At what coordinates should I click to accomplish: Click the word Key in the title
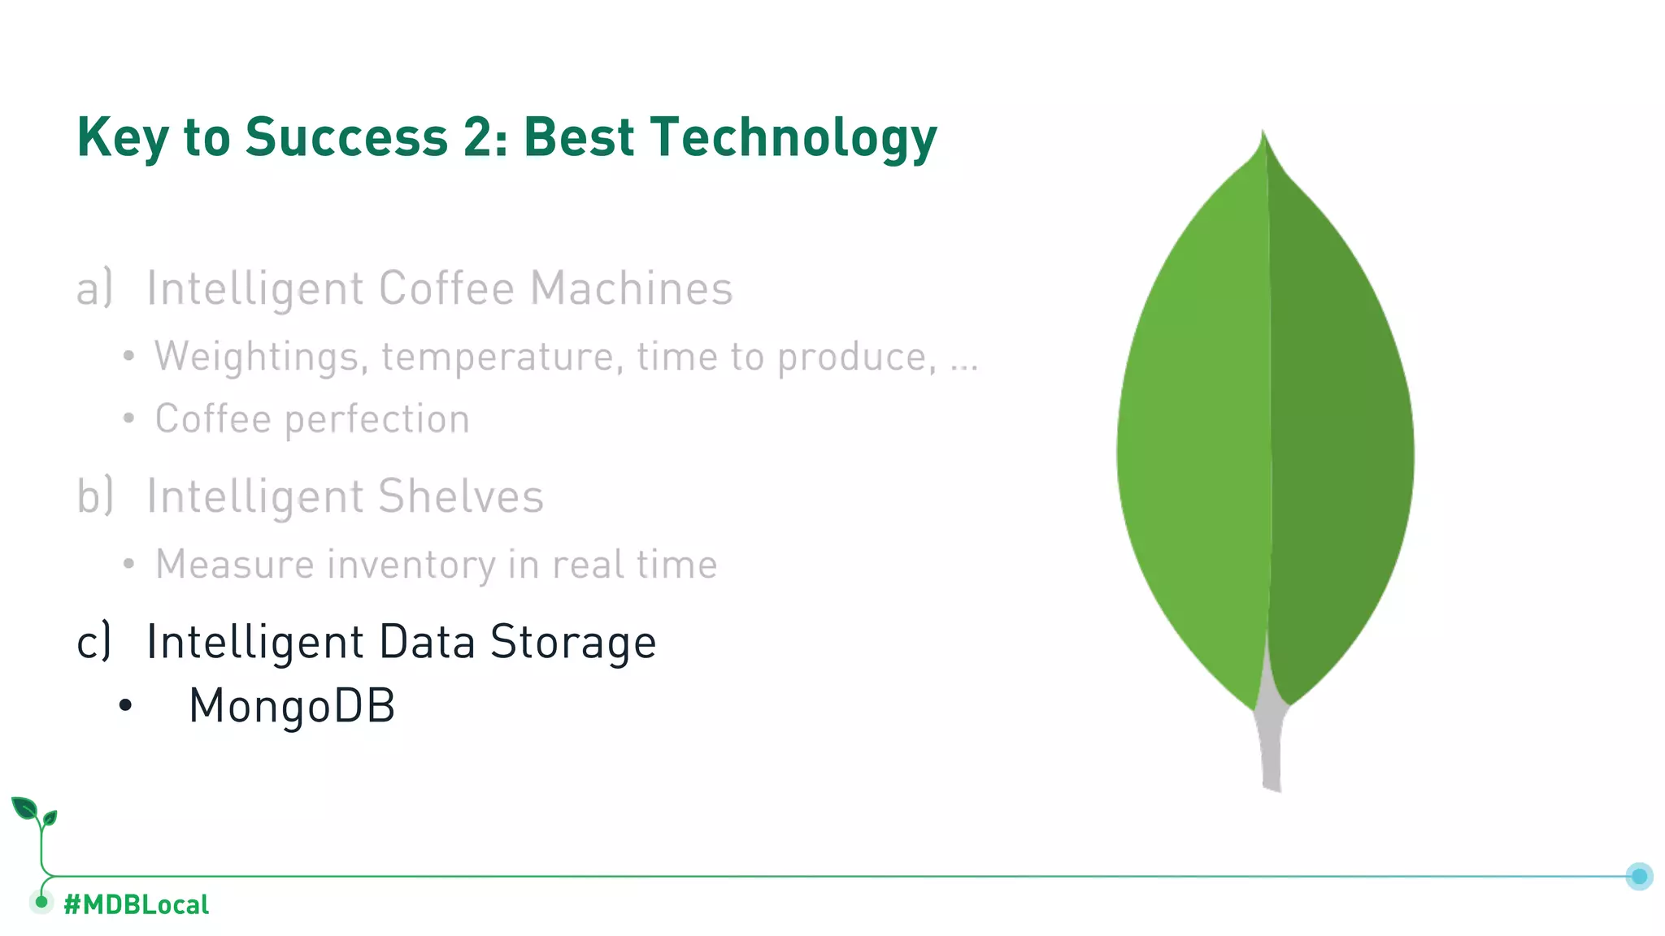(123, 138)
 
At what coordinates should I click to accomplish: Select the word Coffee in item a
(446, 288)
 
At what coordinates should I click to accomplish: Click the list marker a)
(94, 288)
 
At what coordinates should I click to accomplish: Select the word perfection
(376, 420)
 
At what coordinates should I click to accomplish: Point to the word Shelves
(460, 496)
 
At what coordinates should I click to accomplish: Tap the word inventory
(411, 565)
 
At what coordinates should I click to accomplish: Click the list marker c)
(93, 642)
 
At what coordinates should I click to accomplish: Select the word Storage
(573, 643)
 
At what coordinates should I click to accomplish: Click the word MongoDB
(292, 705)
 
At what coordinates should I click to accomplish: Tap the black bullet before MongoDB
(124, 705)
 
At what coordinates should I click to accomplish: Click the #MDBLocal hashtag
(136, 904)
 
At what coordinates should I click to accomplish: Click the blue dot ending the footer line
(1639, 876)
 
